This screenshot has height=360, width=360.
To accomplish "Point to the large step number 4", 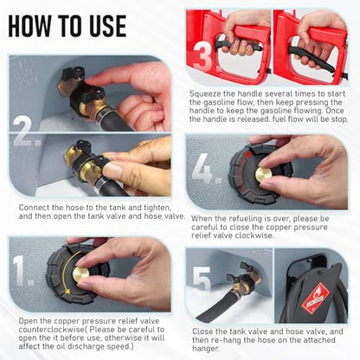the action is [x=204, y=169].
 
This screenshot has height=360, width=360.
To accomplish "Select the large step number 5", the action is [x=202, y=279].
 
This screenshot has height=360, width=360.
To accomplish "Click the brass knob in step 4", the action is [x=263, y=174].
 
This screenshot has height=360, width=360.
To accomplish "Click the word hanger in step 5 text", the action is [x=206, y=349].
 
